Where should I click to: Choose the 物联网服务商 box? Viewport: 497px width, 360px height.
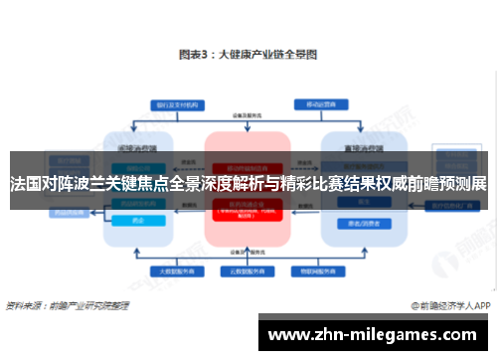tap(312, 270)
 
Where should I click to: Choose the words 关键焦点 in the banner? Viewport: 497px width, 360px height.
tap(143, 185)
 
